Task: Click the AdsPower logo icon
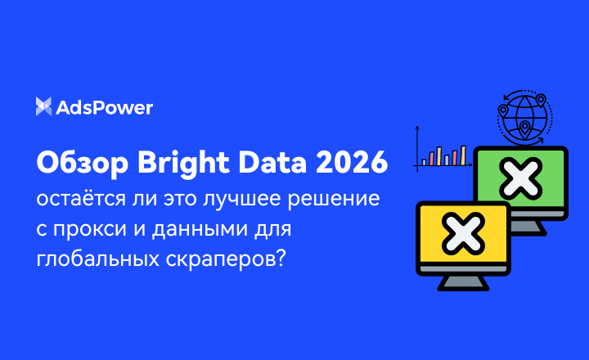(44, 106)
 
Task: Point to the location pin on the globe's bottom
(523, 130)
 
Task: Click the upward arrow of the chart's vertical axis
(417, 128)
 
